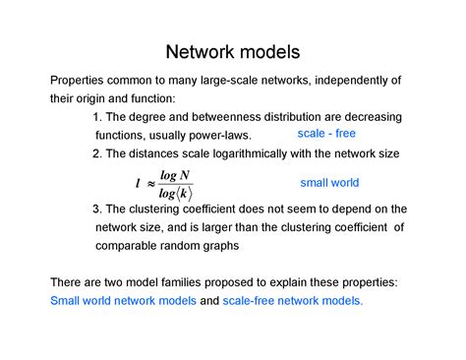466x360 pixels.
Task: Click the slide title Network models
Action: (x=232, y=50)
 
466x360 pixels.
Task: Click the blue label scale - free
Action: (x=326, y=133)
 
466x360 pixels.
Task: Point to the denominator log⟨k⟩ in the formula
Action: (x=175, y=193)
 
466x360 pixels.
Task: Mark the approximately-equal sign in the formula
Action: (x=150, y=183)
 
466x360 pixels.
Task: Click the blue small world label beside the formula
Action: (x=329, y=183)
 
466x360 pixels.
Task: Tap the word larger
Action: (x=233, y=227)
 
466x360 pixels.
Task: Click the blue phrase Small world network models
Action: (x=123, y=301)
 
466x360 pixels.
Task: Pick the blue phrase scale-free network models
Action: (x=293, y=301)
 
